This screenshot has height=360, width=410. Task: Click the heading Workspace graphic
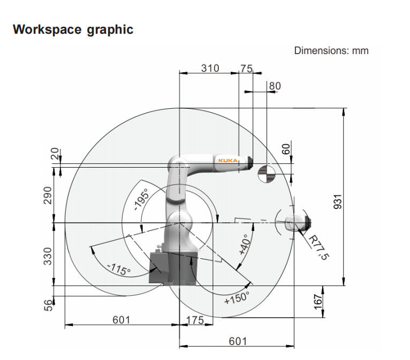tap(73, 29)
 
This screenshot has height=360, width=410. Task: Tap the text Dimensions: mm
tap(331, 51)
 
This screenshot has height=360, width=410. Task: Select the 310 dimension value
tap(210, 68)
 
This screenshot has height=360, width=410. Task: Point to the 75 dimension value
tap(246, 68)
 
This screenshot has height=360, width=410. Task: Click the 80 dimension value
tap(275, 86)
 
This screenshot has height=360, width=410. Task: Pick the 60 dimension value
tap(286, 149)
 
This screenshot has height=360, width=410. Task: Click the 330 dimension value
tap(48, 256)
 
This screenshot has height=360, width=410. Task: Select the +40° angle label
tap(242, 245)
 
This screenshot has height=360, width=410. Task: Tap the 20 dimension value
tap(53, 155)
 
